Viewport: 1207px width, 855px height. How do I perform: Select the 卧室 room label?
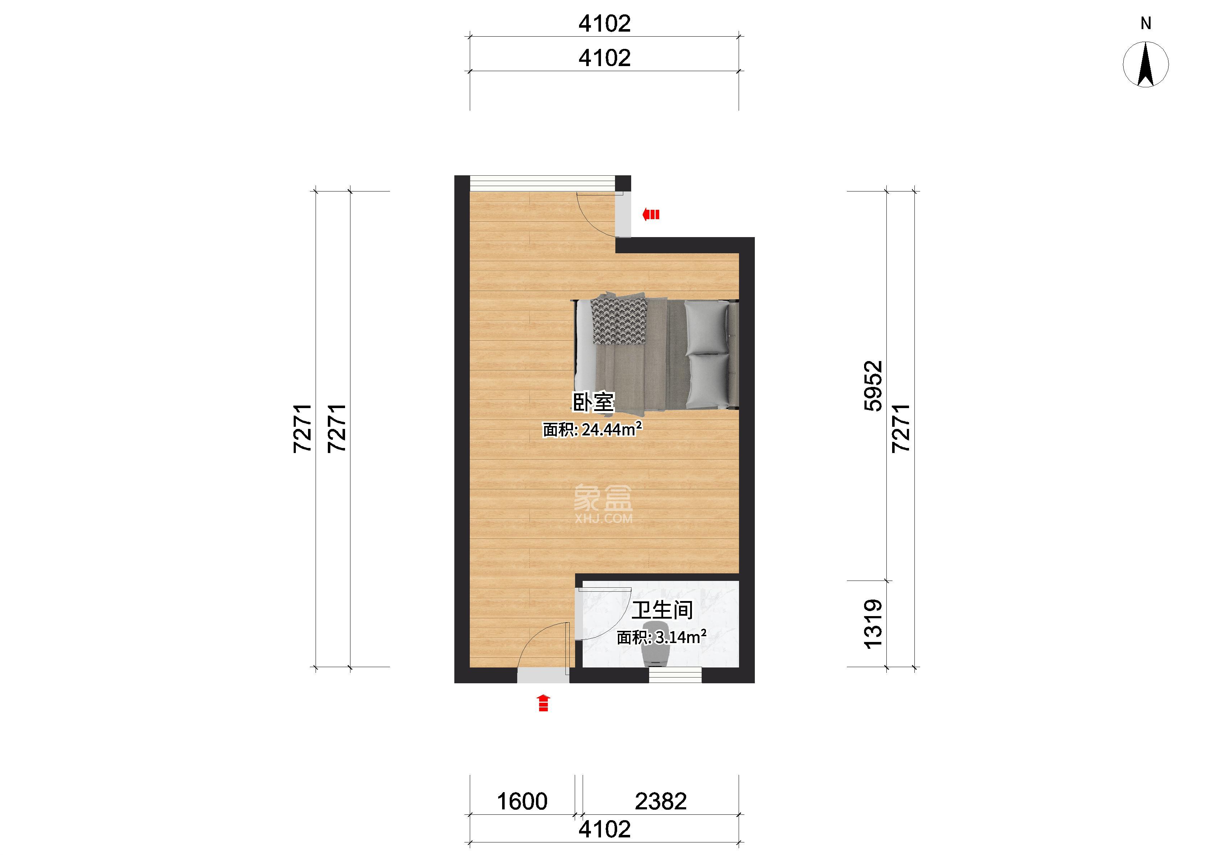593,402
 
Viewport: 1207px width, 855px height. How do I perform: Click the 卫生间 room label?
662,611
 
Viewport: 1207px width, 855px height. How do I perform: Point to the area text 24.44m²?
611,430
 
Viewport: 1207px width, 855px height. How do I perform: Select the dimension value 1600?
522,801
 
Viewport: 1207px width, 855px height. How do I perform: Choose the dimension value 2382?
661,801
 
